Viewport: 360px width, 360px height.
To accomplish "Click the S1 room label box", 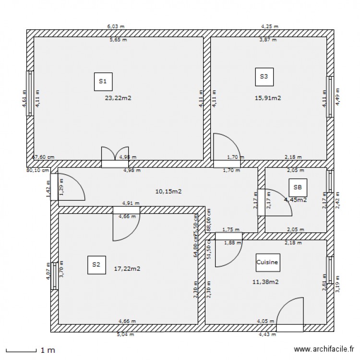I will tap(103, 82).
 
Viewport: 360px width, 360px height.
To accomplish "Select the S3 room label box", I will tap(264, 76).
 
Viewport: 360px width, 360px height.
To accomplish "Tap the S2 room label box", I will tap(96, 264).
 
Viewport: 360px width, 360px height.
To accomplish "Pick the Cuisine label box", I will tap(267, 263).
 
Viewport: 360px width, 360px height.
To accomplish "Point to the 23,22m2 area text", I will tap(118, 98).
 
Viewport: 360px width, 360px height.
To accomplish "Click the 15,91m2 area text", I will tap(267, 98).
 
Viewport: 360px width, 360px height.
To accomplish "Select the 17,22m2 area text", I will tap(127, 269).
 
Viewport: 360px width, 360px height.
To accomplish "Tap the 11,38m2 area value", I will tap(265, 282).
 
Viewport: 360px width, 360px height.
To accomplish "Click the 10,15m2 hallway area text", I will tap(168, 192).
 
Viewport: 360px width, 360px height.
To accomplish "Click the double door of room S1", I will tap(115, 156).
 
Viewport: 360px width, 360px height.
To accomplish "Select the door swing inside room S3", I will tap(223, 146).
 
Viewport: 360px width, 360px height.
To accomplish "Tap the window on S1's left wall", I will tap(30, 94).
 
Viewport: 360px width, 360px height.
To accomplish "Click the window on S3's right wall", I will tap(330, 96).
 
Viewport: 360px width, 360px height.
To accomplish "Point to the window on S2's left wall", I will tap(55, 276).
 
